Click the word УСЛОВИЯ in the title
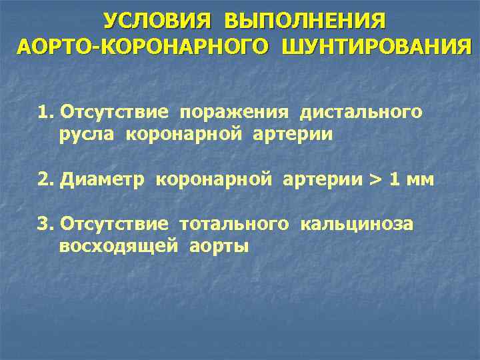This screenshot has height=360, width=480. [x=157, y=21]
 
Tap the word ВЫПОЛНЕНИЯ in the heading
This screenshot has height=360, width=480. [x=305, y=21]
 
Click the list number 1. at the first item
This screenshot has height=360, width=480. [x=45, y=111]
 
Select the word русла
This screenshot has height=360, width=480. [x=82, y=135]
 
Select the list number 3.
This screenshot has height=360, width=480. [x=45, y=223]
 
